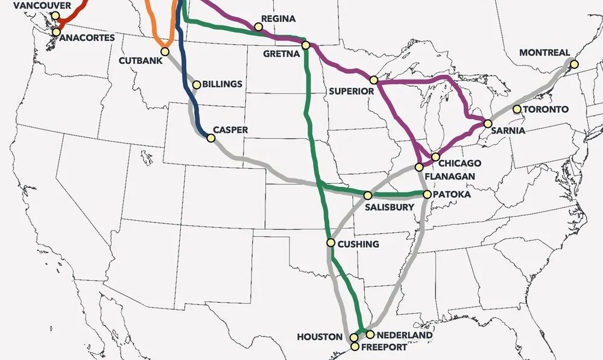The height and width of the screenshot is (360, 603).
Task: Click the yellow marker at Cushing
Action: (330, 243)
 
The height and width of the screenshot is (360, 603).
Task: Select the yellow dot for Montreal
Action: (574, 64)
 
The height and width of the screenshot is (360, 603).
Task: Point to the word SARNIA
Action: (508, 130)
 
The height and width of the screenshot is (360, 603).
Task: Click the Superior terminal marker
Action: (374, 80)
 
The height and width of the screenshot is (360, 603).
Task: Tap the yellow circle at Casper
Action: (211, 138)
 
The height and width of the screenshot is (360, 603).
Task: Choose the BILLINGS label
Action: (222, 84)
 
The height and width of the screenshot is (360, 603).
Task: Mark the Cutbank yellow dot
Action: (165, 51)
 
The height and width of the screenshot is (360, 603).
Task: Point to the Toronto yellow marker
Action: (517, 109)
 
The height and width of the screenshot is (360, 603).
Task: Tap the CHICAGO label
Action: (459, 163)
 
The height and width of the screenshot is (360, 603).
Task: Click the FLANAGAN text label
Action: (450, 176)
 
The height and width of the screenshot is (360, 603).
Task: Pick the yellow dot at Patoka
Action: (427, 195)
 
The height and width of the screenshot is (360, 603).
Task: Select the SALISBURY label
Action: (390, 207)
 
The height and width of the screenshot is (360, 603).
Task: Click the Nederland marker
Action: (370, 335)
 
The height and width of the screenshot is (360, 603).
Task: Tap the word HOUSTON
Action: (319, 337)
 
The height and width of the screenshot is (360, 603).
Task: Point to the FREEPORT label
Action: (384, 347)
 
